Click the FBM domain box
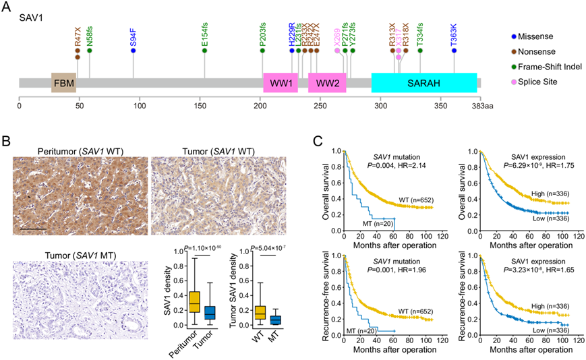point(63,82)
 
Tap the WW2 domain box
point(327,82)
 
